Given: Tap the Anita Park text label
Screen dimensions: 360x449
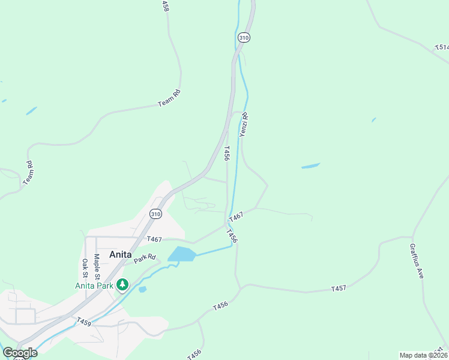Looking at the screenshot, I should [x=94, y=286].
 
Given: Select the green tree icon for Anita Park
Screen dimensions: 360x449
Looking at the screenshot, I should [x=122, y=284].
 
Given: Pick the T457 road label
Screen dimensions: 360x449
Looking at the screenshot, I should [x=339, y=289].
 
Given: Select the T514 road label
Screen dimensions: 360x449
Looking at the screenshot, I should [x=441, y=47].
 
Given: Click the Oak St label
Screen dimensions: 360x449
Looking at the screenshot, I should [x=85, y=268].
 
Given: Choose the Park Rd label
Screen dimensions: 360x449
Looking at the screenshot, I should [x=140, y=259].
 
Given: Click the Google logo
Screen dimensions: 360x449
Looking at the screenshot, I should [x=20, y=353].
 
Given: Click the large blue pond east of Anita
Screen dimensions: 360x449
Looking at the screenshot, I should [x=181, y=254].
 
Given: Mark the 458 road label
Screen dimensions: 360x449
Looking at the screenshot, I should [x=165, y=5].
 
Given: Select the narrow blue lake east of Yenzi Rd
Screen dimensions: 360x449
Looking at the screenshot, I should [x=310, y=166].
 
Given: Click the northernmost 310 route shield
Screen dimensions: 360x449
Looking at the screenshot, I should [x=243, y=37].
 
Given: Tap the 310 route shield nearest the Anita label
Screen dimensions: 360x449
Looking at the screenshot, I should [x=155, y=214].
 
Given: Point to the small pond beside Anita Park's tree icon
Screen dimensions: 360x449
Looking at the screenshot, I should [x=142, y=289].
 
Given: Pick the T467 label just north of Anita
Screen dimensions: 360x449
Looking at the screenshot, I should [x=154, y=239].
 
